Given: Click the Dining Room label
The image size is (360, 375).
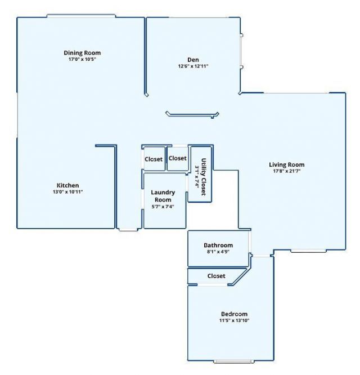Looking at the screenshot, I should (x=82, y=53).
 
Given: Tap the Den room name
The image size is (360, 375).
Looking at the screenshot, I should (x=193, y=60).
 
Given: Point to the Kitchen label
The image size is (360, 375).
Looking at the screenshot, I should (x=67, y=185).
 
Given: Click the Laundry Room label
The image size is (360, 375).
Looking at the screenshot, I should (x=163, y=196).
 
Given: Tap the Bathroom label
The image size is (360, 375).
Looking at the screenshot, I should (x=218, y=245).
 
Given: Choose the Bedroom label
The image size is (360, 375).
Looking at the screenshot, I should (x=234, y=314).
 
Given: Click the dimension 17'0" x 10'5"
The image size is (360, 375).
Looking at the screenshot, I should (x=82, y=59).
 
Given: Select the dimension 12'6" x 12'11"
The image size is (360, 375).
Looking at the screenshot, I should (x=193, y=66).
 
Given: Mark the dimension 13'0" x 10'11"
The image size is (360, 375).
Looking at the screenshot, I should (x=67, y=191).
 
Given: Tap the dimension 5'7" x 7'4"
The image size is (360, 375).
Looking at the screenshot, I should (x=163, y=207).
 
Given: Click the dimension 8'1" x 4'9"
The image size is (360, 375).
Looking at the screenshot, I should (x=218, y=252).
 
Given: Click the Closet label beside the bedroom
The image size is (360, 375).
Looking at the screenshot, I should (x=217, y=276).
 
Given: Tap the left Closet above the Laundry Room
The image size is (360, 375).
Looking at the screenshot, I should (x=154, y=159).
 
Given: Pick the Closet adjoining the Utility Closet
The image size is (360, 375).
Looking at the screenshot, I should (x=178, y=158).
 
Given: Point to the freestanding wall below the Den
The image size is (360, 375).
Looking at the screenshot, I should (x=191, y=115).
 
